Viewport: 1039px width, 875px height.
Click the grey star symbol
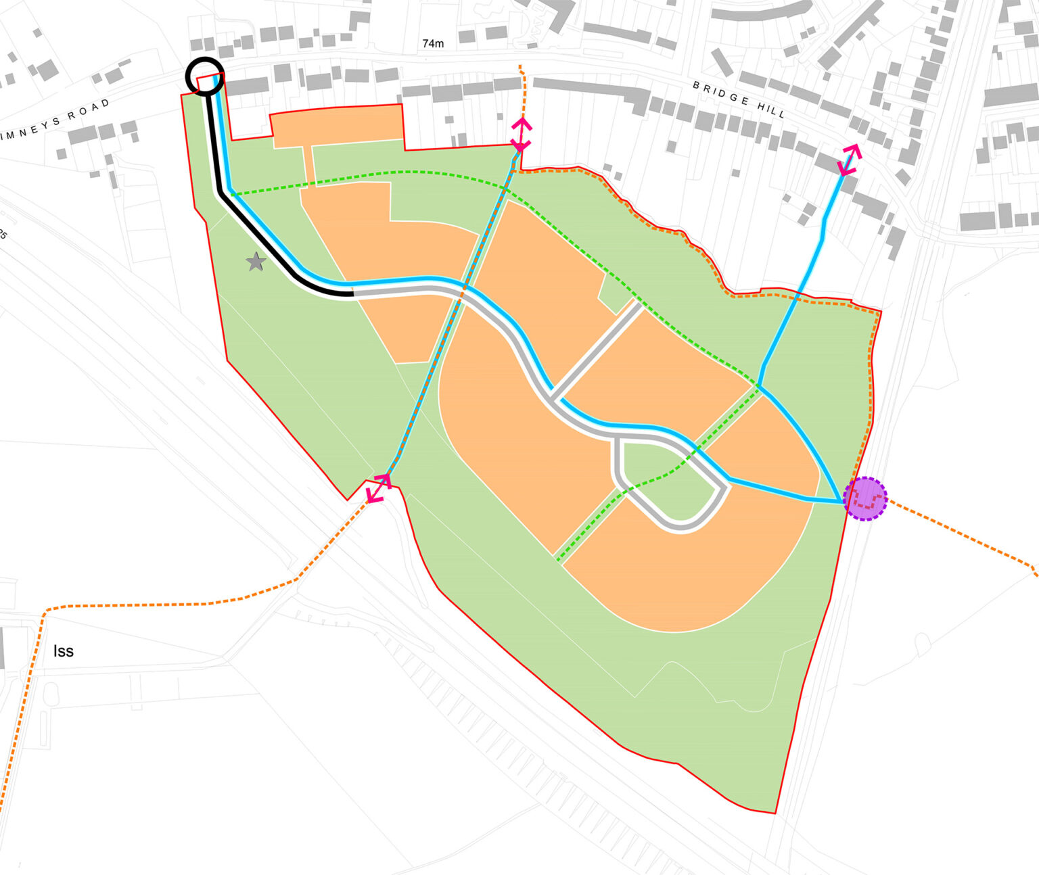(255, 262)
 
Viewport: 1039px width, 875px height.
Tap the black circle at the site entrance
(204, 76)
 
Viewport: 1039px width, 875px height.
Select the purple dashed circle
(865, 499)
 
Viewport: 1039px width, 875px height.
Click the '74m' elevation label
(433, 44)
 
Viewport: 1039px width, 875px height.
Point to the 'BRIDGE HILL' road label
(739, 99)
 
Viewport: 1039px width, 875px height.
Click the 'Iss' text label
(63, 651)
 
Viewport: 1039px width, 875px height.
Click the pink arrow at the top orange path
(521, 134)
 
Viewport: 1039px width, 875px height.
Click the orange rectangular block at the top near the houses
(336, 126)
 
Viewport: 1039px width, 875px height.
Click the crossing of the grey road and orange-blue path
(464, 289)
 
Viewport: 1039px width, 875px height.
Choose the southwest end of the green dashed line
(559, 560)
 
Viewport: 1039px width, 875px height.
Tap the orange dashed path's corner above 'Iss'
(45, 611)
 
